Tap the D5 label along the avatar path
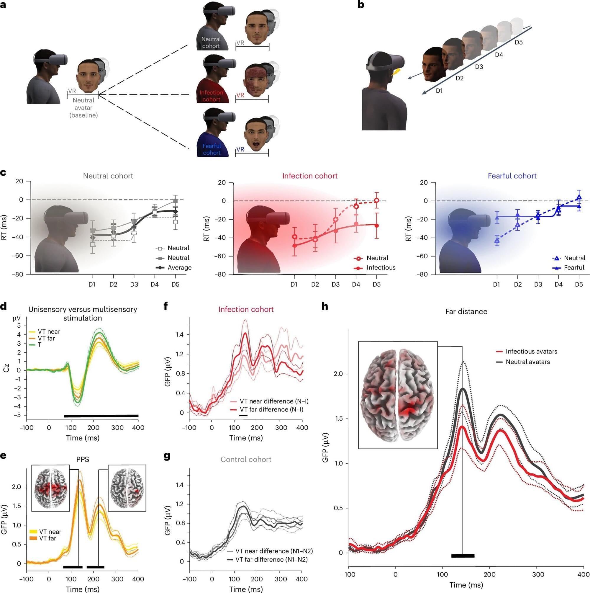pos(519,42)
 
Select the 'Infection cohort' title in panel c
pos(309,176)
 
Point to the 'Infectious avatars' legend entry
pos(531,352)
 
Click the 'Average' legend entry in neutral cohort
pos(179,268)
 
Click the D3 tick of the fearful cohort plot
pos(538,285)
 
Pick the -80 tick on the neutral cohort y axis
pos(17,275)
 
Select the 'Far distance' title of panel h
pos(466,311)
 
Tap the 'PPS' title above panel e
pos(83,460)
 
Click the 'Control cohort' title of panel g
pos(246,460)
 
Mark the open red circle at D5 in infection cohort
pos(376,201)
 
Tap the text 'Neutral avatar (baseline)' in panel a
pos(83,108)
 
